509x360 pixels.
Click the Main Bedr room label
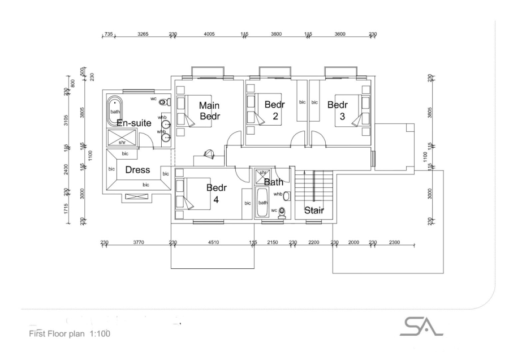pos(209,110)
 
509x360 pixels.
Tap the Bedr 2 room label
pos(274,110)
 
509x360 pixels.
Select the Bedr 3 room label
pos(338,110)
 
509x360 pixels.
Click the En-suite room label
pos(133,123)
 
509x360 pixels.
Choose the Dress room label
pos(137,170)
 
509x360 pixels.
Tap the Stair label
pos(314,211)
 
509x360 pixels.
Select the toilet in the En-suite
pos(163,102)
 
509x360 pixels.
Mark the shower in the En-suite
pos(122,138)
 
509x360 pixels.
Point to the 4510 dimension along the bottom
pos(213,242)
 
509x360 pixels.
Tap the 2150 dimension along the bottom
pos(273,242)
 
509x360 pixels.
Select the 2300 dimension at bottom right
pos(394,242)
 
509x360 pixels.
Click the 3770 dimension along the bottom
pos(138,242)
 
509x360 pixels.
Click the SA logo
pos(421,327)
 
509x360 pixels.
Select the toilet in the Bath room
pos(282,212)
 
